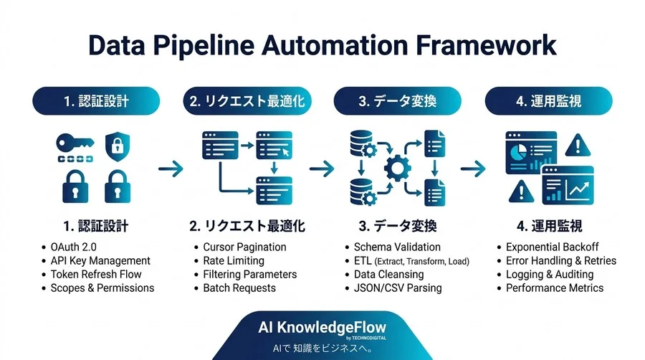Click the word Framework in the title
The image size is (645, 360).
point(486,45)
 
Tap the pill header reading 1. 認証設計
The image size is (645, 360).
point(96,101)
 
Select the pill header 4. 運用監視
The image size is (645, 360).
point(549,101)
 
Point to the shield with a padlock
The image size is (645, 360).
point(118,146)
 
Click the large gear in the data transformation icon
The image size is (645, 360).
point(397,168)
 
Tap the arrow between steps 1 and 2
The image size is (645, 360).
point(171,169)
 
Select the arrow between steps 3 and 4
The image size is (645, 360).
point(473,169)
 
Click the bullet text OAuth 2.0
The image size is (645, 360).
point(73,247)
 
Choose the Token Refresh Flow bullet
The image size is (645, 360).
point(96,274)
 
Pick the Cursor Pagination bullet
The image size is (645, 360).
point(244,247)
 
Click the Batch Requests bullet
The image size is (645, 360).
point(239,288)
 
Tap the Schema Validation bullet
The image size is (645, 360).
point(397,247)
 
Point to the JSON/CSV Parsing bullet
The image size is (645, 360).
point(398,288)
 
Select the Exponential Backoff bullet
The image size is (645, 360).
point(552,247)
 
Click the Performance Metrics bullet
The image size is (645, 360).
point(555,288)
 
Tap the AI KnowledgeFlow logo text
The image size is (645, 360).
point(322,328)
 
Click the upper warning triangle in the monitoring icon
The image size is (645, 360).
point(578,146)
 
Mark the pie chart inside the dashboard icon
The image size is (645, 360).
point(519,152)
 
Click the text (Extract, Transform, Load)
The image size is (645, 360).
point(421,261)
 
